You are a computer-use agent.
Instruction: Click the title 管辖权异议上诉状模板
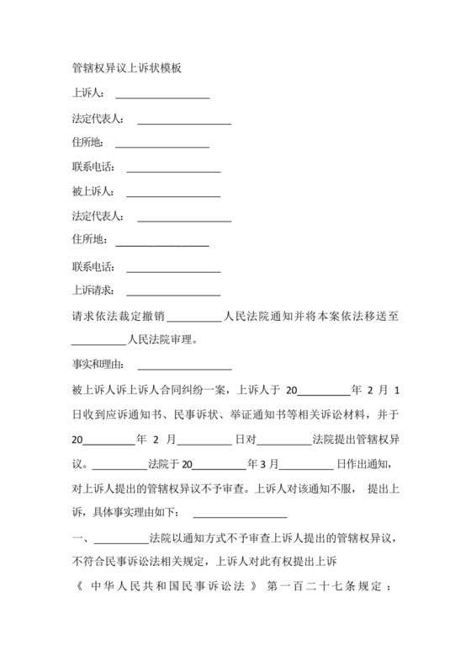[128, 70]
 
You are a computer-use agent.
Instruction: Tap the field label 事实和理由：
[99, 365]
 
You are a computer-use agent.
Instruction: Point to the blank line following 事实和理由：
[184, 368]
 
